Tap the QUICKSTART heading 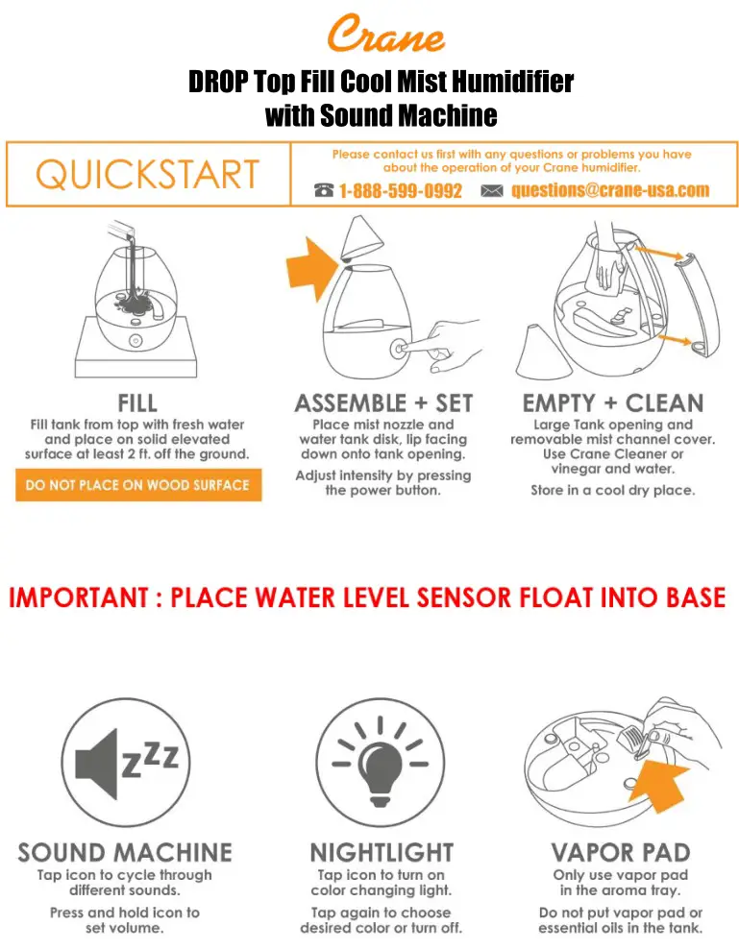(147, 175)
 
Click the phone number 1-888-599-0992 (400, 191)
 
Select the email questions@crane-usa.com (610, 190)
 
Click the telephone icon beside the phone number (324, 191)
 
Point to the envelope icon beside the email (492, 191)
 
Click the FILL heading (137, 402)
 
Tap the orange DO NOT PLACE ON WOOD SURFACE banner (137, 485)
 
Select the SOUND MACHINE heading (125, 852)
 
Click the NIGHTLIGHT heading (382, 852)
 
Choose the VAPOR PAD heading (620, 852)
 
